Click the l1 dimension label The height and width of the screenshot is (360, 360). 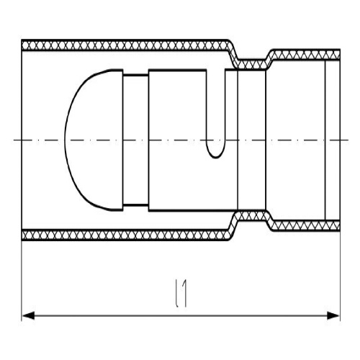tap(181, 293)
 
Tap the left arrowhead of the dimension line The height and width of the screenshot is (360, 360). tap(28, 315)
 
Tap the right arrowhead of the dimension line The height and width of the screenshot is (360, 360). tap(333, 315)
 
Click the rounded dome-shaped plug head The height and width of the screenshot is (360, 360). tap(94, 140)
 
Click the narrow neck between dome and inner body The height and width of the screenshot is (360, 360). tap(135, 140)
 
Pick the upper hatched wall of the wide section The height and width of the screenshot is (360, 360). tap(125, 45)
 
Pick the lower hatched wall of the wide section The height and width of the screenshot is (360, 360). tap(125, 235)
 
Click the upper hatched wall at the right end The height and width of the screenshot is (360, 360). tap(305, 55)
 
